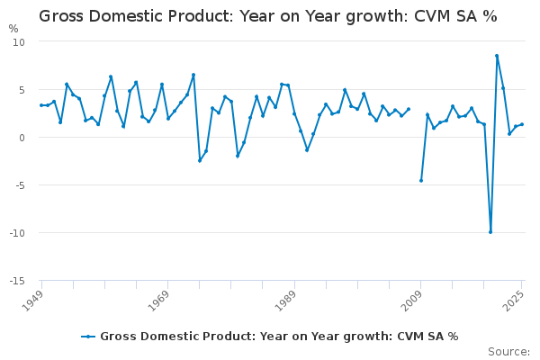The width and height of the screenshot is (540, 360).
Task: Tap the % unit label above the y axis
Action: tap(13, 29)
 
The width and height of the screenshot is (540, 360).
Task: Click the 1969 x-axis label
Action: tap(158, 299)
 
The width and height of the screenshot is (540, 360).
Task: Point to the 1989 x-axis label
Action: tap(284, 299)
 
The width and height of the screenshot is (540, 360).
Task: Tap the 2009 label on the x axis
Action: tap(411, 299)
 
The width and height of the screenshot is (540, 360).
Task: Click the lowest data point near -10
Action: tap(490, 232)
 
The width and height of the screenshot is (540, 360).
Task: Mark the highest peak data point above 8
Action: tap(497, 56)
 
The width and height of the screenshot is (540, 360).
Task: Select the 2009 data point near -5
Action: tap(420, 180)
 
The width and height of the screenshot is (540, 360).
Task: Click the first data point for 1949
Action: tap(41, 105)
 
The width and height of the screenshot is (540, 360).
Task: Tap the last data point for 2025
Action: tap(522, 124)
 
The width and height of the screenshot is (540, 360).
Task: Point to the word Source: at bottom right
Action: tap(508, 351)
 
